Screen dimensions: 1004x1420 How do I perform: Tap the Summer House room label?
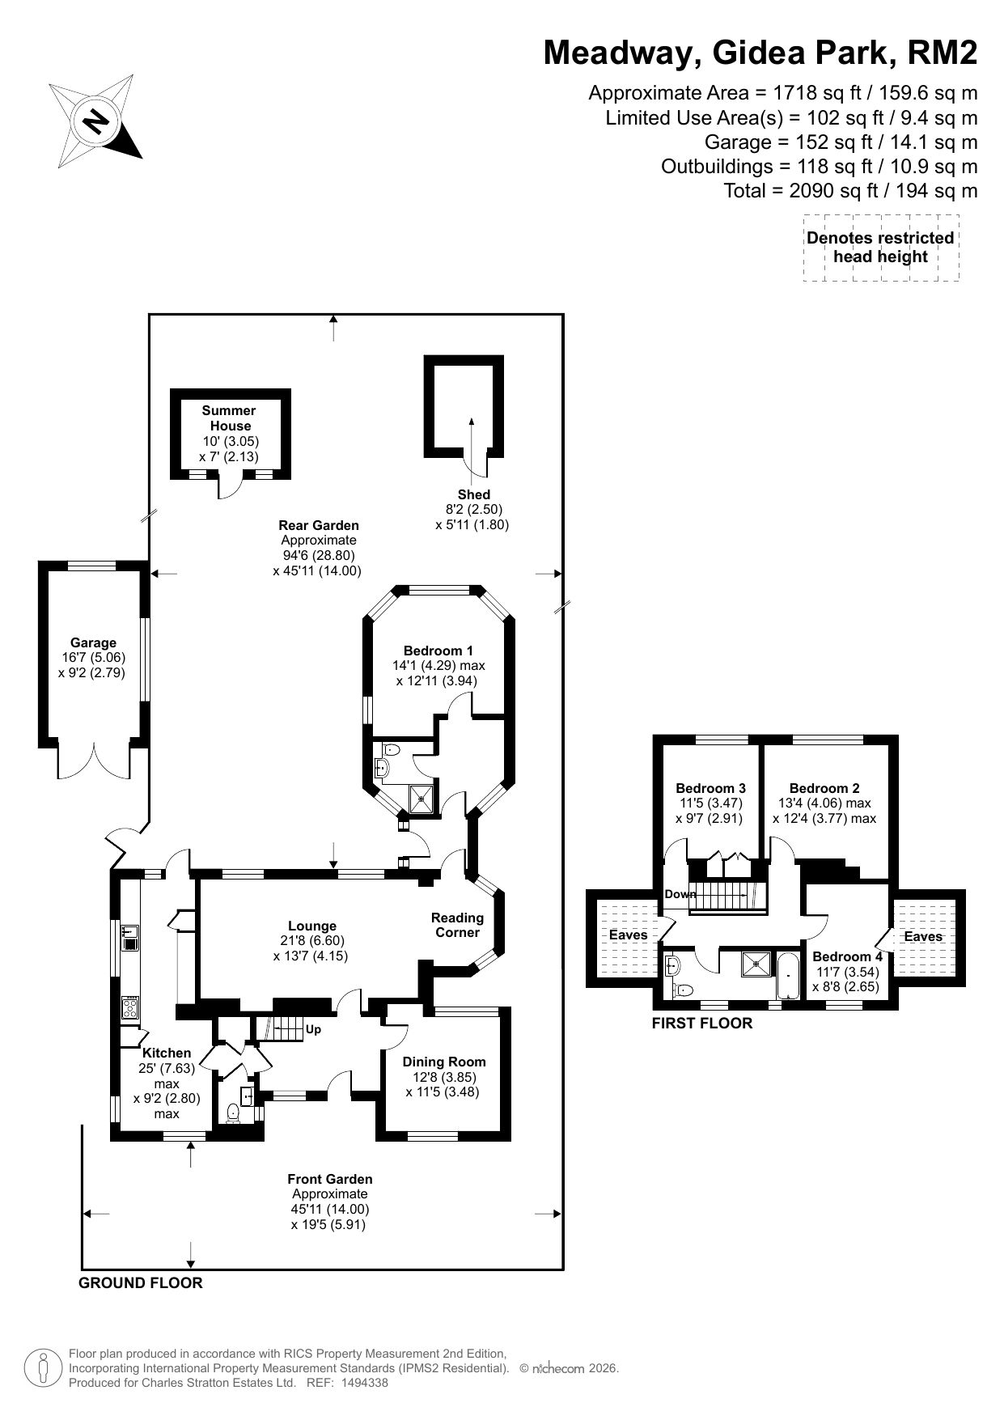229,418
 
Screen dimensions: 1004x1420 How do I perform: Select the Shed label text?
473,494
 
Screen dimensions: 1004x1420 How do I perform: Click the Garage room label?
93,643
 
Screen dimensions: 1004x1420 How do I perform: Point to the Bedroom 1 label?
438,651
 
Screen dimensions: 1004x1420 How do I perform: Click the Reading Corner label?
457,925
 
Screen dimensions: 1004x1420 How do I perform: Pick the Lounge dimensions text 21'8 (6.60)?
312,941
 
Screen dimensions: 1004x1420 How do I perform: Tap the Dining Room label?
444,1062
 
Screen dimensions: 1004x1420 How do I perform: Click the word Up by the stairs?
313,1030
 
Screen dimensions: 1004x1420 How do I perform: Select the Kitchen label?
167,1053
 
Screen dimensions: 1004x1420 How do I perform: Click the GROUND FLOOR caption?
141,1282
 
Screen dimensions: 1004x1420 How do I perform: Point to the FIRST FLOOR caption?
702,1023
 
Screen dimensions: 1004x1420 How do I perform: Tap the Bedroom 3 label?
711,788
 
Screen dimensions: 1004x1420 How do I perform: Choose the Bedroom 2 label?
824,788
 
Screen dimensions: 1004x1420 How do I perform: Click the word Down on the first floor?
681,894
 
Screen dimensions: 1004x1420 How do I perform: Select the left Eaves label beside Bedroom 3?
629,935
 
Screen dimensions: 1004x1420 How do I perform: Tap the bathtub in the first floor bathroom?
787,977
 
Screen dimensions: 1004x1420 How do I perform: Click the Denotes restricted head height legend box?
881,248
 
